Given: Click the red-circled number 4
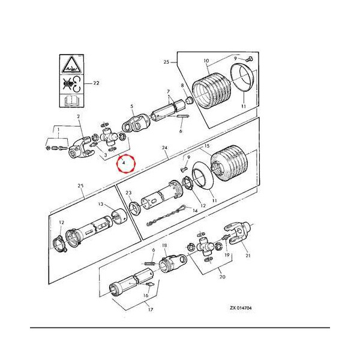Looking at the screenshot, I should (124, 162).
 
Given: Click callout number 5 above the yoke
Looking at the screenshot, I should (131, 106).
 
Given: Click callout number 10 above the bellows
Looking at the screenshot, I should (206, 61).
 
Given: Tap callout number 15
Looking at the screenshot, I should (206, 146).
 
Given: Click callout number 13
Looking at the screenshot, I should (101, 204).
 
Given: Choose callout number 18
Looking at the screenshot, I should (164, 246).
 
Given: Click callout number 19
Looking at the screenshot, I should (227, 256).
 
